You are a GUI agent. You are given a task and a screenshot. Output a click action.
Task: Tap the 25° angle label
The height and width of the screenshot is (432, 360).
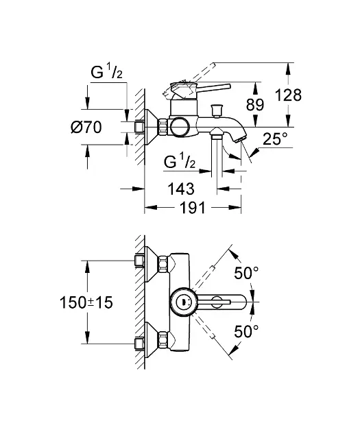pyautogui.click(x=276, y=141)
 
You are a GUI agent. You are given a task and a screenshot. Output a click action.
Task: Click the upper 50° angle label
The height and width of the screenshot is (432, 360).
pyautogui.click(x=246, y=272)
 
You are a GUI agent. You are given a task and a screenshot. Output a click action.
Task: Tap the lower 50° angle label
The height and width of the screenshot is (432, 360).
pyautogui.click(x=246, y=331)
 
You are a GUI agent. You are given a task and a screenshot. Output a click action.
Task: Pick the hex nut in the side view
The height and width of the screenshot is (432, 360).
pyautogui.click(x=164, y=128)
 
